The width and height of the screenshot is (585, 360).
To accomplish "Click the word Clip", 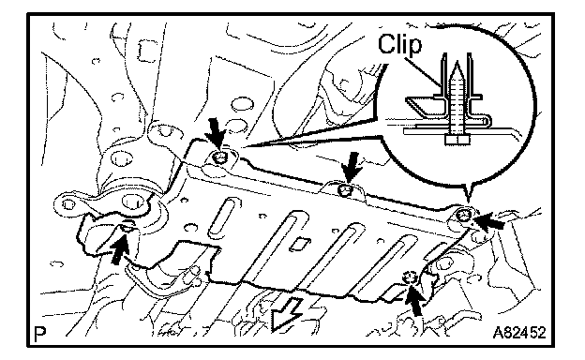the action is coord(399,44).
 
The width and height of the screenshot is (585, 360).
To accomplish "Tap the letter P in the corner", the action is coord(38,335).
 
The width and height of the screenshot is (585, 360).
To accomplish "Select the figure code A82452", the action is coord(519,332).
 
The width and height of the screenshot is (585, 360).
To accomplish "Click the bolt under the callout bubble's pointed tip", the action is coord(464,215).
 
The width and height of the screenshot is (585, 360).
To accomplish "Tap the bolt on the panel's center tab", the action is coord(345,190).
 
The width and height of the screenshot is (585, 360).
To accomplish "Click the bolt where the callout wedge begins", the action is coord(219,158).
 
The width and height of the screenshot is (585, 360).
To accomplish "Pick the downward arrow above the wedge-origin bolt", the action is coord(217,133).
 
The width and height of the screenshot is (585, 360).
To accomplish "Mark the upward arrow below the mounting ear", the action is coord(120,247).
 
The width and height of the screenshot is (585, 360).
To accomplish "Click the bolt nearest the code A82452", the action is coord(411,277).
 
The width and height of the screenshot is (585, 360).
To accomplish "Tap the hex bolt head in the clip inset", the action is coord(457,140).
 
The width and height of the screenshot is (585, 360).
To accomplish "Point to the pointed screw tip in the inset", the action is coord(457,67).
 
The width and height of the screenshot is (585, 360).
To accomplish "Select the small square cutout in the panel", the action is coord(298,244).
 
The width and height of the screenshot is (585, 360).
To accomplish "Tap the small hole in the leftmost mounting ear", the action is coord(68,204).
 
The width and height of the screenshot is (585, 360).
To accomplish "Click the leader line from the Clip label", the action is coord(423,71).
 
